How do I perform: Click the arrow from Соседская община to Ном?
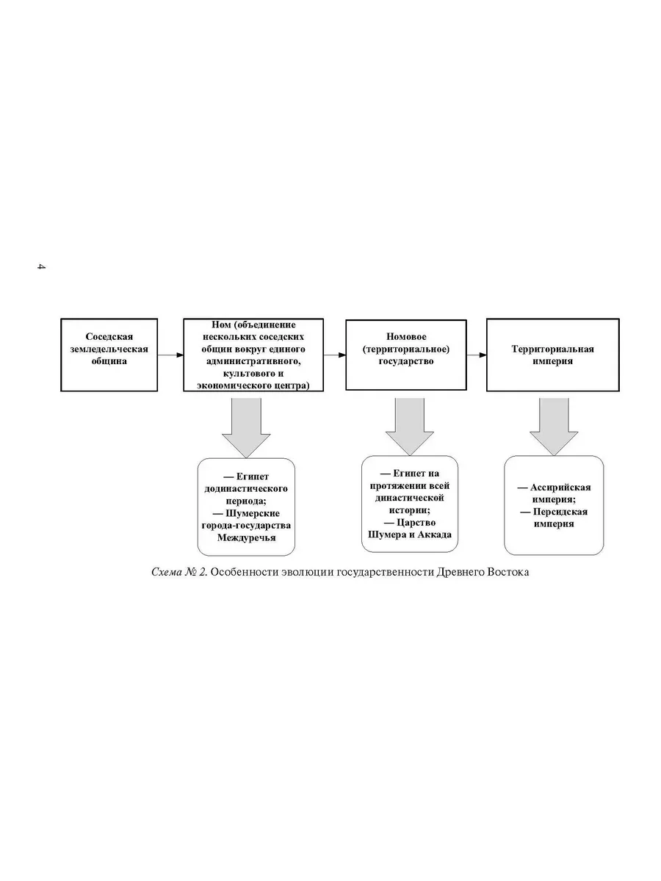pos(170,355)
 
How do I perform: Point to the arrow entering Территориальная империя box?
pos(477,355)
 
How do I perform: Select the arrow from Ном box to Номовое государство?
pos(334,355)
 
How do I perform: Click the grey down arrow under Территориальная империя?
pos(554,427)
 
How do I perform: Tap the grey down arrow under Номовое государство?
pos(409,427)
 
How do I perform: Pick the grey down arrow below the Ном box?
pos(246,427)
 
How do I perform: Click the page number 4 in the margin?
pos(41,266)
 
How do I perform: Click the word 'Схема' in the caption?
pos(167,572)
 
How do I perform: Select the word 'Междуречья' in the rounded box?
pos(247,537)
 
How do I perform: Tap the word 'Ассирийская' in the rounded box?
pos(560,487)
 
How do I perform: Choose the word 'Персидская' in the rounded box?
pos(560,512)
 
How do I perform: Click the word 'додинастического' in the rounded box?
pos(246,489)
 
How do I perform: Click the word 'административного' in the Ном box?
pos(253,361)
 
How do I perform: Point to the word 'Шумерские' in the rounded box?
pos(253,513)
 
